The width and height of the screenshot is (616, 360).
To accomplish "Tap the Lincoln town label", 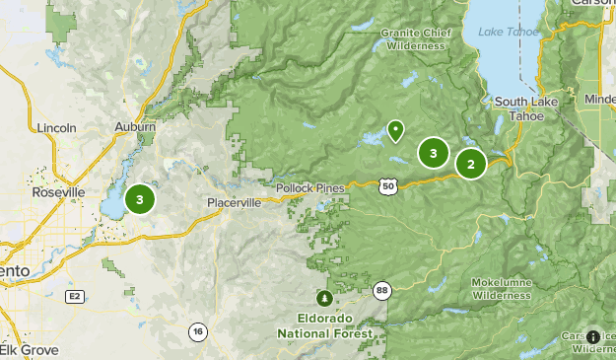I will [55, 128].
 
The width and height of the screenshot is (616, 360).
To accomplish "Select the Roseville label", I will [58, 191].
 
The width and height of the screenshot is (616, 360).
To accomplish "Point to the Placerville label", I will [235, 202].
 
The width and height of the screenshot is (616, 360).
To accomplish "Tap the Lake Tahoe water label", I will [505, 32].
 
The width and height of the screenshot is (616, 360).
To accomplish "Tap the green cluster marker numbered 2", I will [471, 165].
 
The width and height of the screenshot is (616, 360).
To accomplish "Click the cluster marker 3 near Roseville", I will [140, 199].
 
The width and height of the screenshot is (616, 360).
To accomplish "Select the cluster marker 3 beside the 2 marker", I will [433, 153].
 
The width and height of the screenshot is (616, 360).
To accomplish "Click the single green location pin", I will [395, 130].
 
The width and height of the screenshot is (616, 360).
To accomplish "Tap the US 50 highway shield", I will [388, 184].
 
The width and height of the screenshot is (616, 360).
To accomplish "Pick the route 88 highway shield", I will [381, 289].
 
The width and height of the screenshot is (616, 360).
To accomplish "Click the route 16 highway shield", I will [198, 330].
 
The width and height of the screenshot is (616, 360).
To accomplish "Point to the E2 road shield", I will [73, 296].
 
